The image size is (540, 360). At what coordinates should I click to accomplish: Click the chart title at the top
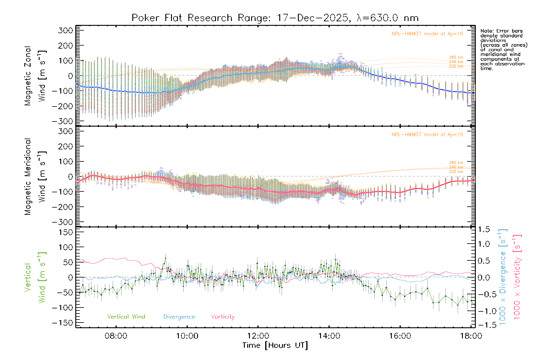tap(275, 18)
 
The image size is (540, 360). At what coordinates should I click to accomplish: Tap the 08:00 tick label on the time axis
tap(116, 336)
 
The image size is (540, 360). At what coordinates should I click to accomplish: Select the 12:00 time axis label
tap(258, 336)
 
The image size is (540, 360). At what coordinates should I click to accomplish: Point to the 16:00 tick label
tap(400, 336)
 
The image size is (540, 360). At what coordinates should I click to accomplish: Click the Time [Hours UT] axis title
tap(275, 345)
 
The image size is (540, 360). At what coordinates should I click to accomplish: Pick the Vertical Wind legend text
tap(126, 316)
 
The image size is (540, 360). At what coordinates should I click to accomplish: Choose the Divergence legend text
tap(179, 316)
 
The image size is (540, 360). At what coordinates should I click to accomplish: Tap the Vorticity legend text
tap(223, 316)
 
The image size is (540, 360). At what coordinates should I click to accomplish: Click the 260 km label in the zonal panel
tap(456, 57)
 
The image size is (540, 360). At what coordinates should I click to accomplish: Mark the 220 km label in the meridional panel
tap(456, 172)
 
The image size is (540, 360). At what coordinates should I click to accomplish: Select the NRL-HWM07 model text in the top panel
tap(427, 34)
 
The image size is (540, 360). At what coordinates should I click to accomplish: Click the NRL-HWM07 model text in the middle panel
tap(427, 135)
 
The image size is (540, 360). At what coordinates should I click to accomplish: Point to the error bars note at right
tap(503, 49)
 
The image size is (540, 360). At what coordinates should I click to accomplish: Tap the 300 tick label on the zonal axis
tap(65, 30)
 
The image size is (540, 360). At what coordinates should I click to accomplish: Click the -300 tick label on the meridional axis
tap(63, 222)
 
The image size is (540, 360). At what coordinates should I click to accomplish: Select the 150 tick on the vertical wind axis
tap(66, 232)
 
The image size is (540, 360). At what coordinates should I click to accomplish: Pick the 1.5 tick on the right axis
tap(484, 229)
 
